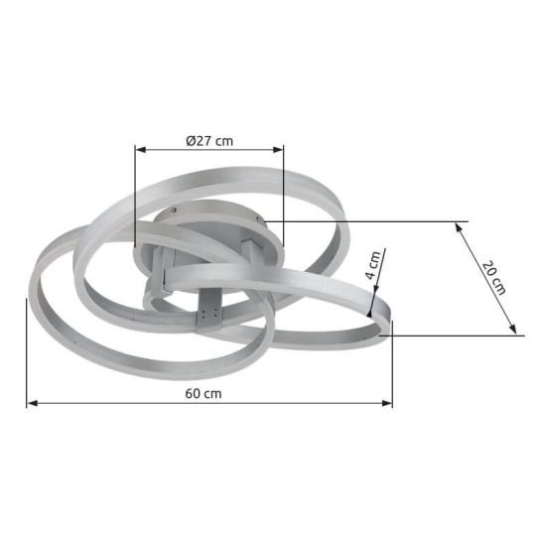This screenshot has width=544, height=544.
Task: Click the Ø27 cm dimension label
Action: coord(209,141)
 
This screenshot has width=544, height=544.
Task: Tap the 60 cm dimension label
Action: coord(204,394)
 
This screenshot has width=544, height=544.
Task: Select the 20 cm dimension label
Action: coord(493,278)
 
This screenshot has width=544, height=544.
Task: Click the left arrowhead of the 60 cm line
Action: coord(33,403)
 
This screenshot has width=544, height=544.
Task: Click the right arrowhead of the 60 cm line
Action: coord(387,403)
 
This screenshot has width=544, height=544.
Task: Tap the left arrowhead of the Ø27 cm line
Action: coord(141,150)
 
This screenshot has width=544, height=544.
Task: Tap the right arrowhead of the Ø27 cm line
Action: coord(278,150)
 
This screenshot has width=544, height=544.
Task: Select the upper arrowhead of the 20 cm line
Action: coord(459,227)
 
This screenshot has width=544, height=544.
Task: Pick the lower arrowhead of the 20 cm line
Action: coord(512,329)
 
